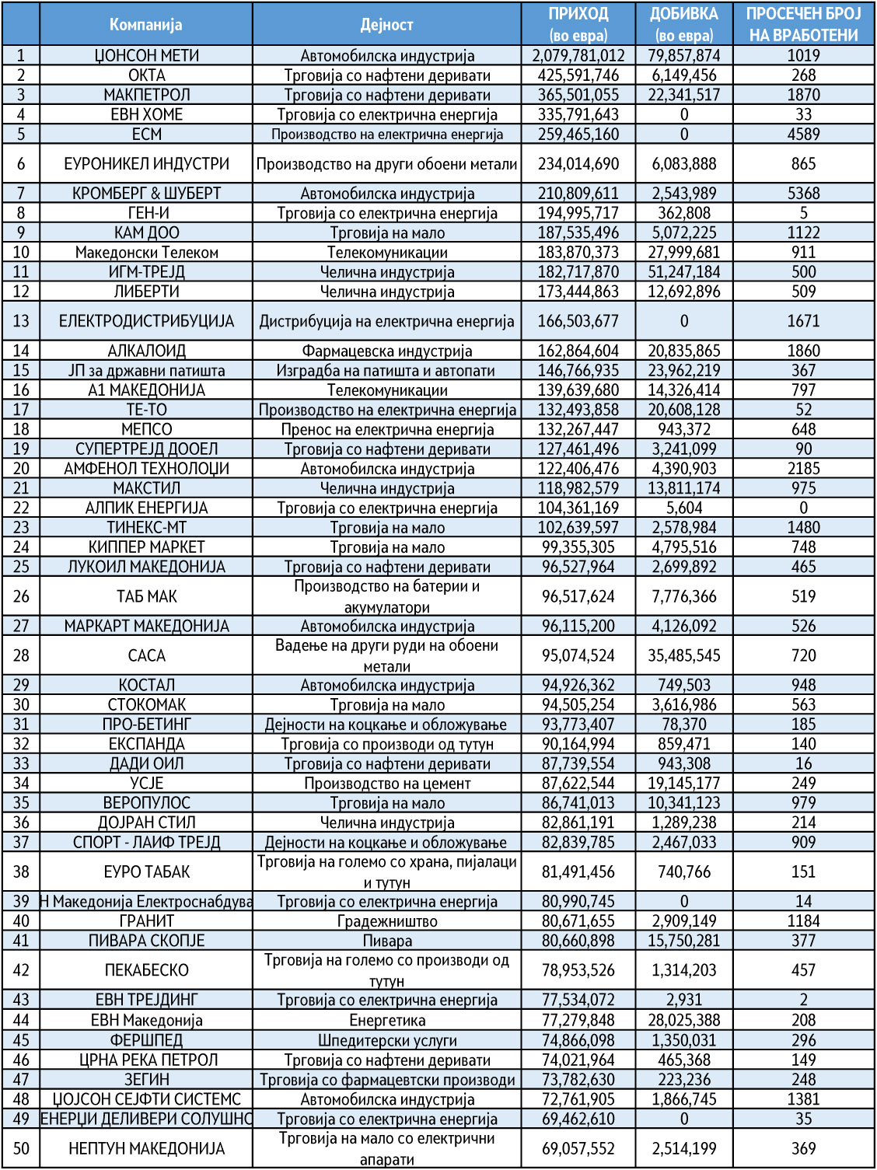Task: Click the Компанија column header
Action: [x=146, y=24]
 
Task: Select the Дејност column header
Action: [x=386, y=24]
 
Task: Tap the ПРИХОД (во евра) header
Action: [x=578, y=24]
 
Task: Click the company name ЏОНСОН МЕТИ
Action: [x=146, y=56]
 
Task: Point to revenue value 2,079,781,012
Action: [x=578, y=56]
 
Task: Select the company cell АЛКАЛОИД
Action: [x=146, y=351]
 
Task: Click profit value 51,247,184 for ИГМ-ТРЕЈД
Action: [x=683, y=272]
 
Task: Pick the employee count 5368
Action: [x=803, y=194]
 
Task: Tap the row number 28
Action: [x=21, y=655]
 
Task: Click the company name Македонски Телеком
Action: [x=146, y=253]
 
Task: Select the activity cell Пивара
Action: [x=386, y=941]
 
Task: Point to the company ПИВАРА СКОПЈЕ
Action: [x=146, y=941]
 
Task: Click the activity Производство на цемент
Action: [x=386, y=784]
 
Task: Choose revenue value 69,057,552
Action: [x=578, y=1148]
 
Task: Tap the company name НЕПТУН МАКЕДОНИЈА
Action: [x=146, y=1148]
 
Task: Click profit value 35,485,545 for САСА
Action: [x=683, y=655]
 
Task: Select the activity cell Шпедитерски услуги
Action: [x=386, y=1040]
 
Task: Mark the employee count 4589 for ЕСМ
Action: [x=803, y=134]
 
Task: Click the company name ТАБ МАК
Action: [x=146, y=596]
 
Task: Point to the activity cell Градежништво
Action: [x=386, y=921]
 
